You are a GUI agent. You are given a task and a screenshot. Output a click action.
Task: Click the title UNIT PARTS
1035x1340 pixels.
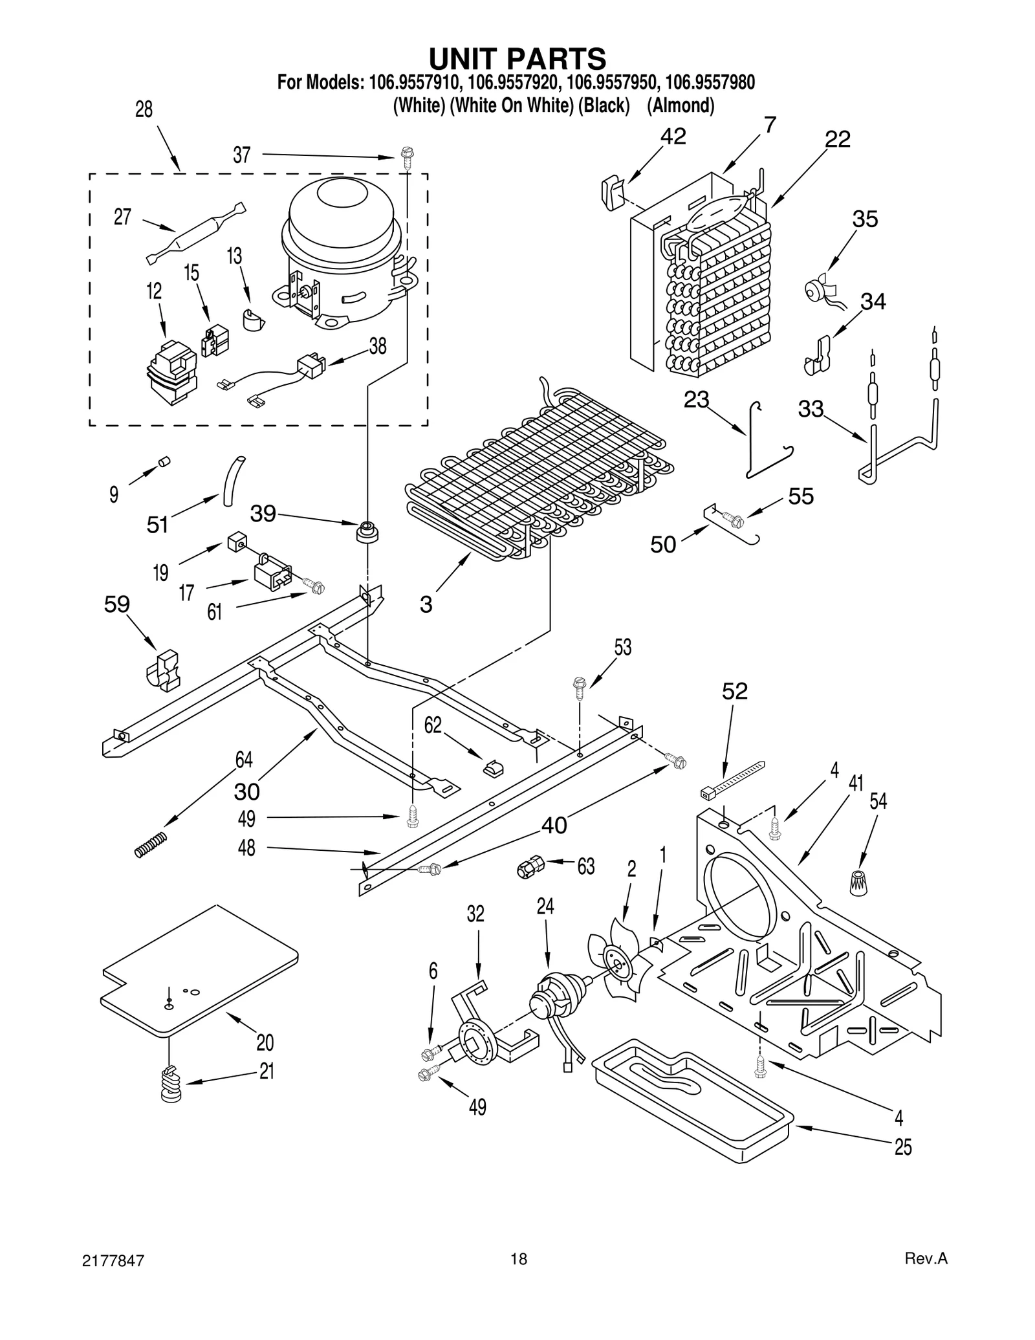(x=517, y=59)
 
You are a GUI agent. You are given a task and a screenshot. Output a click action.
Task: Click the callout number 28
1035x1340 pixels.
(x=144, y=110)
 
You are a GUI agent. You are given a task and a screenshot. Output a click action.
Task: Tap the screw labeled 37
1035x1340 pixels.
(x=407, y=158)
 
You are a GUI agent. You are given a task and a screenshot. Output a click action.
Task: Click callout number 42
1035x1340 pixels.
(x=673, y=137)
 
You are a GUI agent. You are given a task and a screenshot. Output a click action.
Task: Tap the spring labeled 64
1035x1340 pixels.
(x=151, y=844)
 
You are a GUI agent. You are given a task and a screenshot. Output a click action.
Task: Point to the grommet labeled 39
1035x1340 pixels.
(x=367, y=533)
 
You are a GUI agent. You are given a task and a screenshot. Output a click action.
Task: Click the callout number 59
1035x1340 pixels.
(x=117, y=604)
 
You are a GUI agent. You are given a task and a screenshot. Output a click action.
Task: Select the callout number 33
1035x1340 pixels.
(x=811, y=409)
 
